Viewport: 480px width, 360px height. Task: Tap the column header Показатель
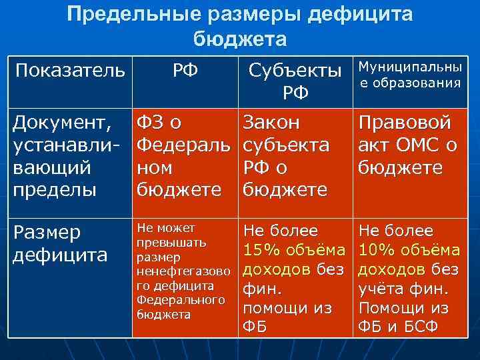coord(69,70)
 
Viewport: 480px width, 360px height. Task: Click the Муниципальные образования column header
coord(409,75)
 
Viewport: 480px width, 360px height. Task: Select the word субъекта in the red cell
coord(286,145)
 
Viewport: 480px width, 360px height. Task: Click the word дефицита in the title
coord(356,14)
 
